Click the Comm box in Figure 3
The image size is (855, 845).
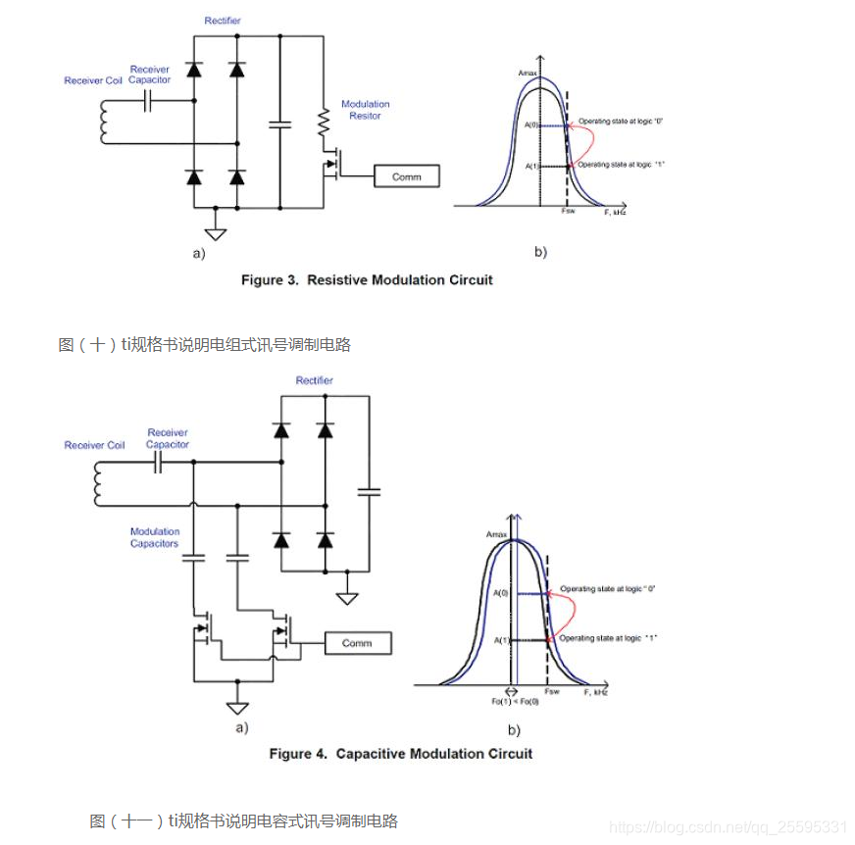pos(406,176)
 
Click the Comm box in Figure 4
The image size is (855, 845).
pos(357,643)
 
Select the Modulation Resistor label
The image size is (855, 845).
pos(365,110)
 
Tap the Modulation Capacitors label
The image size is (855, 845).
pos(155,537)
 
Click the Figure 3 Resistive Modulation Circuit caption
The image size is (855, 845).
pos(367,280)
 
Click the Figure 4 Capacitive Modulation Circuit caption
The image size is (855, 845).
pos(400,754)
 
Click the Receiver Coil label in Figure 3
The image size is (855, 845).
pos(93,80)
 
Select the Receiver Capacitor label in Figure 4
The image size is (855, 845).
pos(168,438)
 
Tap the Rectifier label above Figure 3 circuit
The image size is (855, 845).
pos(223,21)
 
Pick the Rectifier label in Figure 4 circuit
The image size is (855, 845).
pos(314,380)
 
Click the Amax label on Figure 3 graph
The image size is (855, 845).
pos(528,74)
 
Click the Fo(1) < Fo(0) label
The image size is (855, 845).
pos(509,702)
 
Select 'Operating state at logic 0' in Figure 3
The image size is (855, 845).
pos(622,121)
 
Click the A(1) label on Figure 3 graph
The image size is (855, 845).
pos(533,167)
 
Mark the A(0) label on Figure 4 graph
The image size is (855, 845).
pos(501,593)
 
